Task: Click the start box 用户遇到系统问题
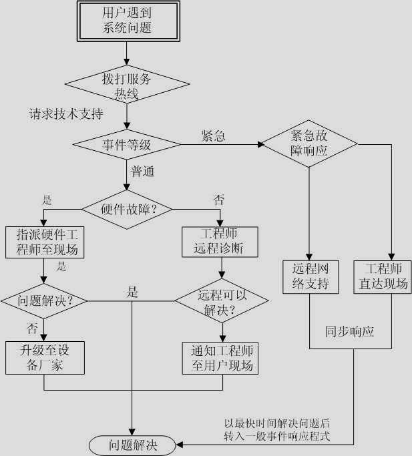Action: (x=127, y=20)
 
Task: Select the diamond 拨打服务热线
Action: (x=127, y=85)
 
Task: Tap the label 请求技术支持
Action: (x=65, y=114)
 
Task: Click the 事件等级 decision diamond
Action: (x=127, y=144)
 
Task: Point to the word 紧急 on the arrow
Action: (x=213, y=136)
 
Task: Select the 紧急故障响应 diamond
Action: (x=308, y=143)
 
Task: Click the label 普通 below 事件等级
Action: (x=142, y=171)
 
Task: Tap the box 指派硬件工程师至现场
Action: (x=44, y=242)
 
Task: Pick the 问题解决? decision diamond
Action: (x=45, y=300)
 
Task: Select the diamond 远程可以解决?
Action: (x=222, y=302)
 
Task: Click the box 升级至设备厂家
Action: (x=45, y=358)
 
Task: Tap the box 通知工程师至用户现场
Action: (x=220, y=358)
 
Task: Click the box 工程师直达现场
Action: (x=383, y=276)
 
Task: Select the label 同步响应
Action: (x=349, y=331)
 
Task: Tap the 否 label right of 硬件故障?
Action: (x=218, y=200)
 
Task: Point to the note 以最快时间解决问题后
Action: (x=277, y=423)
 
